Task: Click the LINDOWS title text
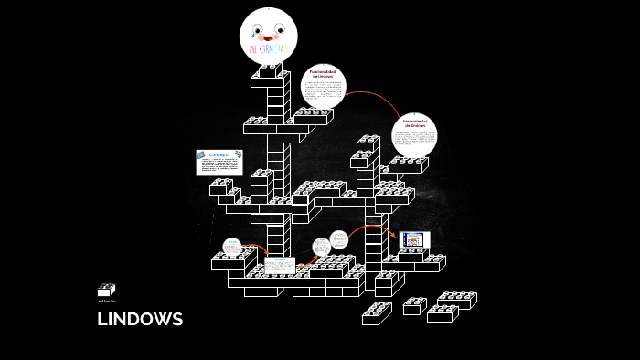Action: (140, 319)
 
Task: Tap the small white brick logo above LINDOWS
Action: (106, 290)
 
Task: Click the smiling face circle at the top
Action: (268, 33)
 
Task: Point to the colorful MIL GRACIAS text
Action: (268, 46)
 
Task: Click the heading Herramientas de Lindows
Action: (415, 124)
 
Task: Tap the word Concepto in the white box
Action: (219, 154)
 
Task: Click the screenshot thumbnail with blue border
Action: (414, 239)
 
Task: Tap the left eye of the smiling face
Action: (256, 27)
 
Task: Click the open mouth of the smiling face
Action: (268, 36)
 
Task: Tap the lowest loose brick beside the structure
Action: (376, 314)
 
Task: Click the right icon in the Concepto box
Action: (238, 156)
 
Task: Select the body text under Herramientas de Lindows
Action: (415, 141)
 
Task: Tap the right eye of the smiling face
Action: (280, 27)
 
